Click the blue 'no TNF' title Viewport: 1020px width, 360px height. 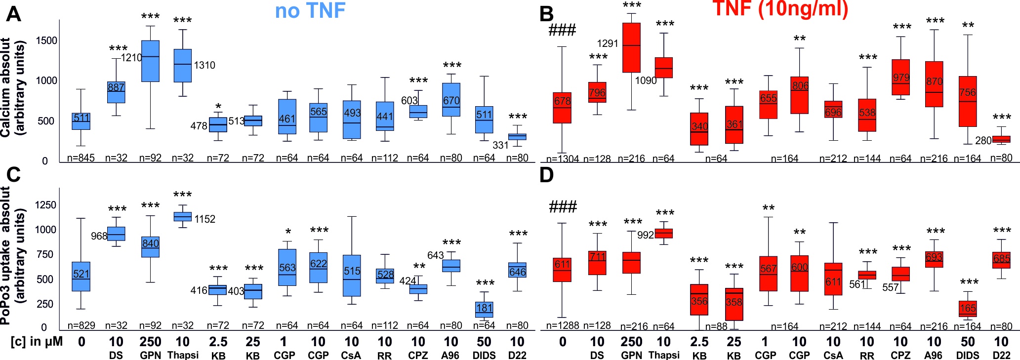310,11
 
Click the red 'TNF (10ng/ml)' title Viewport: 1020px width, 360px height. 780,9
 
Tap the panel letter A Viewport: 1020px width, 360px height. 13,14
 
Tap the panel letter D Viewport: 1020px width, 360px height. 546,175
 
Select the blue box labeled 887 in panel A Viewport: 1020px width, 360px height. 116,92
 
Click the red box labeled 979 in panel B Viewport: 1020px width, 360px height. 901,78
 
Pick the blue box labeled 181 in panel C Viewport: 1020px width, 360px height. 484,309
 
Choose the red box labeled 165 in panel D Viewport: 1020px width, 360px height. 968,309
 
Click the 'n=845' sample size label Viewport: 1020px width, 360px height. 82,158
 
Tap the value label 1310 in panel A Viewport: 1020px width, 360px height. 204,65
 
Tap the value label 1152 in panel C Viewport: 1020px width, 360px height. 204,219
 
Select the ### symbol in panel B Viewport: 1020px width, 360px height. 562,31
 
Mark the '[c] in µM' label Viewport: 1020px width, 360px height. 37,342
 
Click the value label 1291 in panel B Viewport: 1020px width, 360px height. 608,43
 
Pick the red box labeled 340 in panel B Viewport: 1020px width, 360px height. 699,129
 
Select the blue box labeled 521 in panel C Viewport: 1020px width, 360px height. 82,277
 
